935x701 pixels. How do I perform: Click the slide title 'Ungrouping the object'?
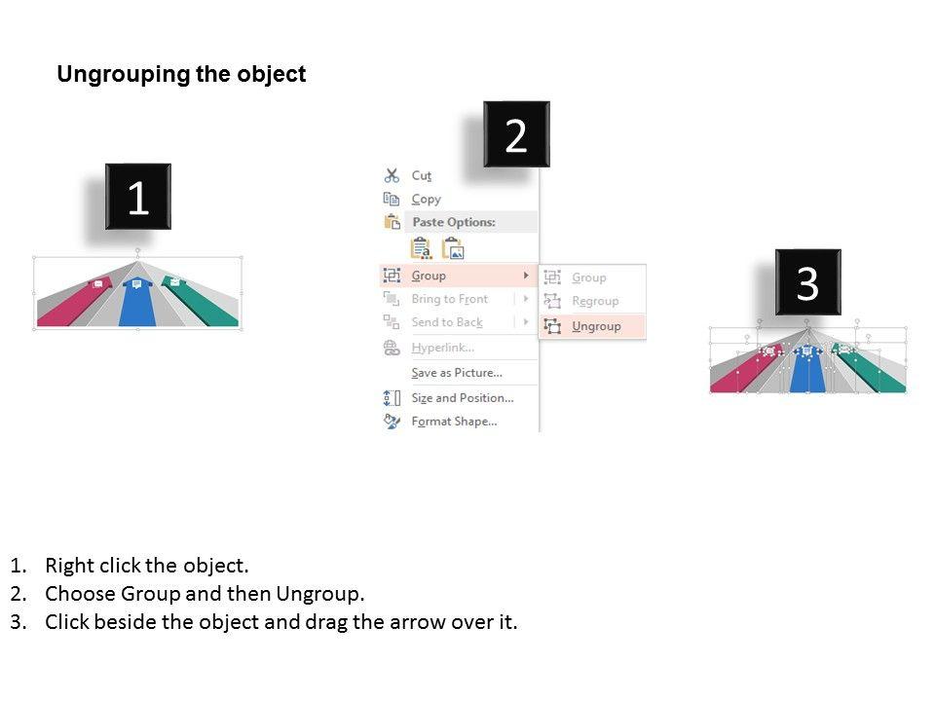click(181, 75)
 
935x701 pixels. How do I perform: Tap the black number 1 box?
click(138, 198)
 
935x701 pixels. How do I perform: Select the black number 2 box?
click(516, 135)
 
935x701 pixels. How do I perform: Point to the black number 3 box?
click(807, 282)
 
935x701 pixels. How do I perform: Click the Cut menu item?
click(421, 175)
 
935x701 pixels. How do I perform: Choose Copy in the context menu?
click(426, 199)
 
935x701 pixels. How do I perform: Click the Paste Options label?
click(453, 222)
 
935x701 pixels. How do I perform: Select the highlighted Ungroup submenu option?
click(596, 326)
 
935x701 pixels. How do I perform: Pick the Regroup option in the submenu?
click(595, 302)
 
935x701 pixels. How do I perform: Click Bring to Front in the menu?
click(449, 299)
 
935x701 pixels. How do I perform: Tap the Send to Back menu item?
click(446, 322)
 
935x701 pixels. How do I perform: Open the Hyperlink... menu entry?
click(442, 348)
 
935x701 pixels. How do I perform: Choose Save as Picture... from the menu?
click(456, 373)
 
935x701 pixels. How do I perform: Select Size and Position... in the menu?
click(462, 398)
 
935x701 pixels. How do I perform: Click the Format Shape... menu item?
click(454, 422)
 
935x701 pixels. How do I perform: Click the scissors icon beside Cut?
click(392, 175)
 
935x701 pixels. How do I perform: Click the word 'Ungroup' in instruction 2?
click(318, 594)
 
